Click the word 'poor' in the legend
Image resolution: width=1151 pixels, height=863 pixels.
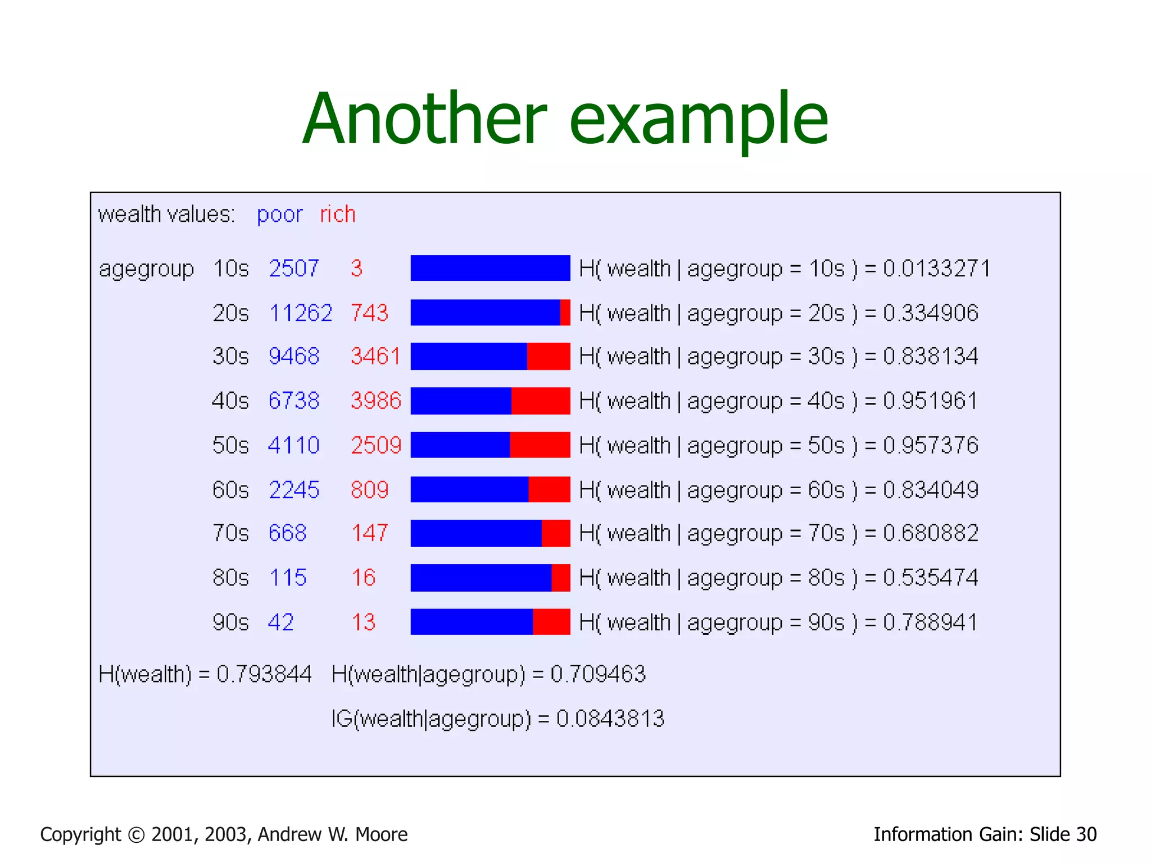point(279,215)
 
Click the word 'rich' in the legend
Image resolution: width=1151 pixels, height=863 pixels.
point(338,215)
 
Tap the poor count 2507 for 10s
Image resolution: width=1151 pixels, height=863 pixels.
point(294,269)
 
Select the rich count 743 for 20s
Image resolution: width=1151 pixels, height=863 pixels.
point(369,313)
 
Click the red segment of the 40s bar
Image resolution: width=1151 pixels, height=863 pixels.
point(540,401)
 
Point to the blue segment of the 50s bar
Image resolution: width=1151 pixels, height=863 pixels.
point(460,445)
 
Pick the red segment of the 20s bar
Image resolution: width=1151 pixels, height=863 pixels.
point(565,312)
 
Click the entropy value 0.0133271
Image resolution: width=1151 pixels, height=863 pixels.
point(936,269)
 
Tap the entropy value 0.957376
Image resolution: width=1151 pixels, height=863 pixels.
point(930,446)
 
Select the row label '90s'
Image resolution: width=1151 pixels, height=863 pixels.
point(230,623)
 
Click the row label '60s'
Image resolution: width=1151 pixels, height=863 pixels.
point(230,490)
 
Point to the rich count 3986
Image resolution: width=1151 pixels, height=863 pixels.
point(376,401)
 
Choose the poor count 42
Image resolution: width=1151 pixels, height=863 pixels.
point(281,623)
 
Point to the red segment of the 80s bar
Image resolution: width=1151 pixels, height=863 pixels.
point(561,578)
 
